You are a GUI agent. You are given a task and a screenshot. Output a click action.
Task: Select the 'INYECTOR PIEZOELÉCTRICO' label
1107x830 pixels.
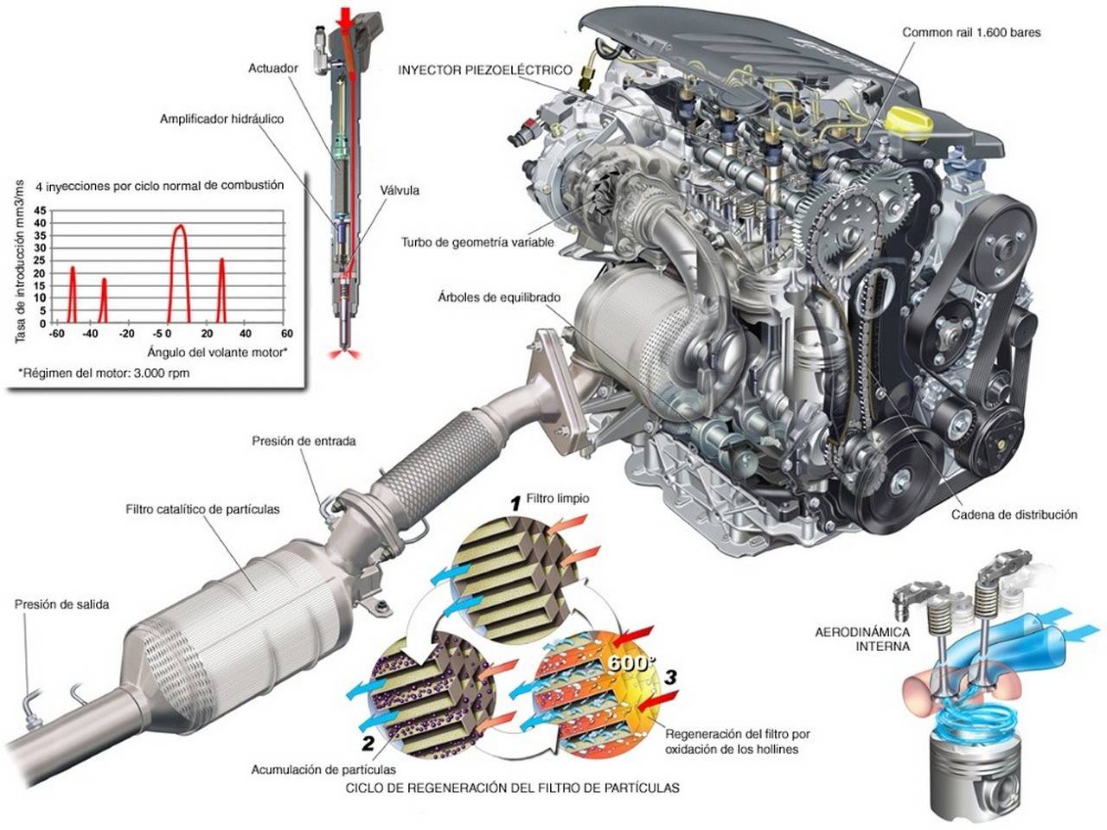485,70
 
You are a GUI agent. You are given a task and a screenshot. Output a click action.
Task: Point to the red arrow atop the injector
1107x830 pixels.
345,18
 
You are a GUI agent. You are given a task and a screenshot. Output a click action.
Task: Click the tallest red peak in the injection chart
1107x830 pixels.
179,227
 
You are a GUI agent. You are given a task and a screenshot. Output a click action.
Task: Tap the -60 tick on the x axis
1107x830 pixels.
56,334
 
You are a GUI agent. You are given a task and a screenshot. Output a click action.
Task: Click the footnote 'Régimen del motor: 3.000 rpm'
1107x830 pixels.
104,373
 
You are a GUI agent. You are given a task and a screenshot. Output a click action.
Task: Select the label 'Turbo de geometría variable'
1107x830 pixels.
477,242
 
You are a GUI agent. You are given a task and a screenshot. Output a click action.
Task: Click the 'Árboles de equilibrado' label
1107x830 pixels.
499,297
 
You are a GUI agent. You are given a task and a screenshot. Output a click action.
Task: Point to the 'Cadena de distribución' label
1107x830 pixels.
1014,514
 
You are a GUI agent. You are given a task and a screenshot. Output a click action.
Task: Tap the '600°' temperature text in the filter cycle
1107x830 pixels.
627,662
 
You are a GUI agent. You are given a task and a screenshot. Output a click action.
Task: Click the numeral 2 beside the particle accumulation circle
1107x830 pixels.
368,743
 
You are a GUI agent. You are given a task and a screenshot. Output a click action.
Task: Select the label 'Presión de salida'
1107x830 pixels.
61,604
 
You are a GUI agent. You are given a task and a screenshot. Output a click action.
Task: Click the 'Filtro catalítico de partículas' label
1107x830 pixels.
202,509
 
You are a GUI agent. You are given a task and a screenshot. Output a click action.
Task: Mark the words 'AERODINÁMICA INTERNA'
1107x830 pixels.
862,639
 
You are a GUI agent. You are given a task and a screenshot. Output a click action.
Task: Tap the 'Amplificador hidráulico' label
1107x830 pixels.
221,119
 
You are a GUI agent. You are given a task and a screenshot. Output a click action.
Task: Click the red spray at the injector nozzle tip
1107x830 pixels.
344,354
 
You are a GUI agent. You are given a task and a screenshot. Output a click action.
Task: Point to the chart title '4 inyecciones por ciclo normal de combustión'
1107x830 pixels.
160,185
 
